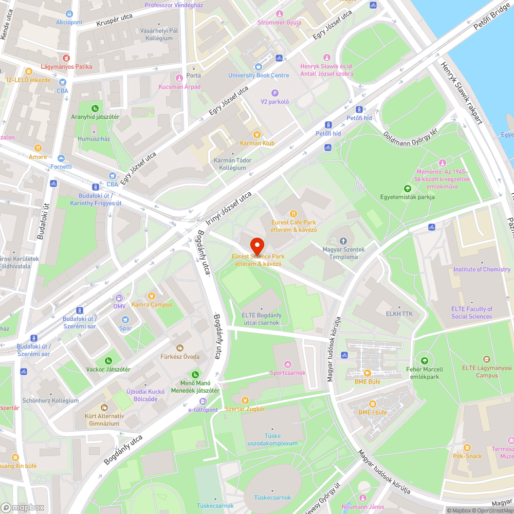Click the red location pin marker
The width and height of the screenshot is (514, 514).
pos(256,244)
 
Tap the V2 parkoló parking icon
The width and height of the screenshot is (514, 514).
pos(274,93)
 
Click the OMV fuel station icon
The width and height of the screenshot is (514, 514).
pos(119,298)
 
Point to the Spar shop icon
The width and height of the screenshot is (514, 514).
pos(125,319)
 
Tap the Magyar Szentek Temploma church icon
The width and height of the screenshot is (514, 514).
pos(343,241)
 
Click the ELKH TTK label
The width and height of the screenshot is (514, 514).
pos(399,314)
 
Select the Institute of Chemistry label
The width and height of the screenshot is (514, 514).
pos(482,269)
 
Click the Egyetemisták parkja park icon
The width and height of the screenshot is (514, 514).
pos(408,188)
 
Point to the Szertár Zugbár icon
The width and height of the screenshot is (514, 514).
pos(245,400)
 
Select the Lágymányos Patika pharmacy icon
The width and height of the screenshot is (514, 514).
pos(66,59)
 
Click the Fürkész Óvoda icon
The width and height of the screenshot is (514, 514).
pos(179,348)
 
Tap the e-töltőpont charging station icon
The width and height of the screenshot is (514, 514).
pos(203,401)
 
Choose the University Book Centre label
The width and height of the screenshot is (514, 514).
pos(259,75)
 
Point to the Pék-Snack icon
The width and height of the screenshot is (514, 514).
pos(467,448)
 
